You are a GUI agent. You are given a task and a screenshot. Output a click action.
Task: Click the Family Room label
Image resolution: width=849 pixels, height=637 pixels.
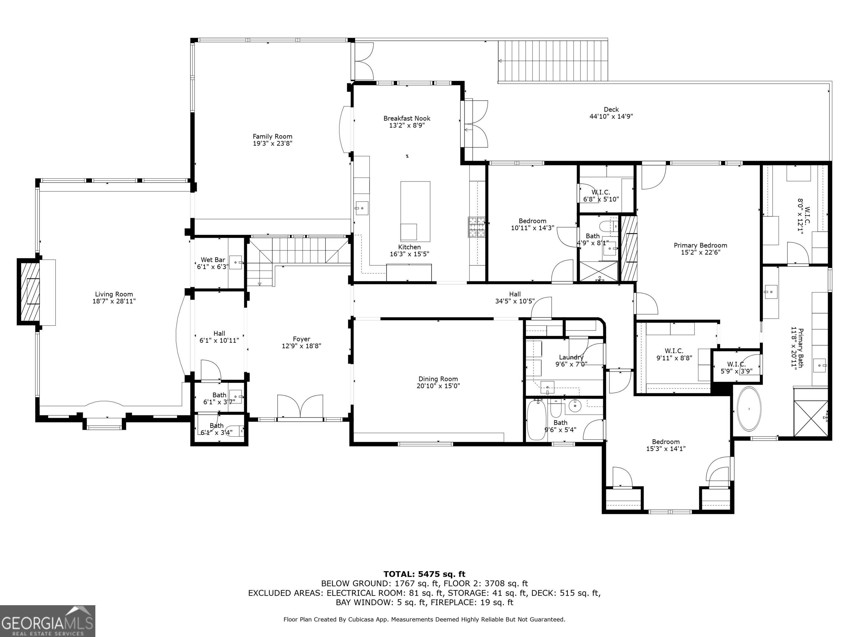tap(272, 136)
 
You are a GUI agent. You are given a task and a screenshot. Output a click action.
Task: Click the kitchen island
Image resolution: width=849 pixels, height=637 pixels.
tap(415, 211)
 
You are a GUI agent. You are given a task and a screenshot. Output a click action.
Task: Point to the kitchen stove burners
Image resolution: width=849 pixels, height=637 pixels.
tap(477, 227)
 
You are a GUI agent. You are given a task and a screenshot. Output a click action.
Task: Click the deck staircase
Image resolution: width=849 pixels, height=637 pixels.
tap(553, 61)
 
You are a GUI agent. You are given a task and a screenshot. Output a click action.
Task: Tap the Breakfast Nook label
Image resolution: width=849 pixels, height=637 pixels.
tap(407, 118)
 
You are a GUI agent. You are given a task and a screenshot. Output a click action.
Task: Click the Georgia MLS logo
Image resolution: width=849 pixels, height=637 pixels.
tap(48, 621)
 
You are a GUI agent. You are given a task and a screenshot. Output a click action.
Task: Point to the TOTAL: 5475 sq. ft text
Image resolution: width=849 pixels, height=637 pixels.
tap(424, 574)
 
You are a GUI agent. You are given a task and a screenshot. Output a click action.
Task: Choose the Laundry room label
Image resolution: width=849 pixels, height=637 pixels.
tap(571, 357)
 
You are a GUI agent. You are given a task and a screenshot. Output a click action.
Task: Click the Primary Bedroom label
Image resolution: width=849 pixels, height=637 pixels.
tap(701, 245)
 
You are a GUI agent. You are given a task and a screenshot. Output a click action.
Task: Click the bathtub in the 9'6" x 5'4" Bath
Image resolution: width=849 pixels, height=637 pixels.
tap(535, 419)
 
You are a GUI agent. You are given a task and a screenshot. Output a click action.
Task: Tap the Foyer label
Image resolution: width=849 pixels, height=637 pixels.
tap(301, 339)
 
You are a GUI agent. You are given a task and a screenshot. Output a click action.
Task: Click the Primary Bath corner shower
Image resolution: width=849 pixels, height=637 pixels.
tap(811, 418)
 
